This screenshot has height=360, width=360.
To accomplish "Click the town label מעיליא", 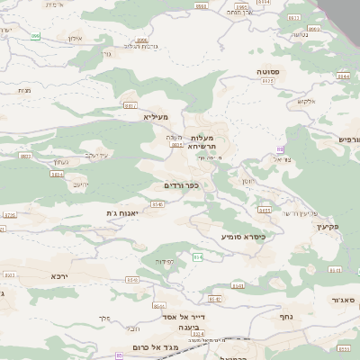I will [156, 116].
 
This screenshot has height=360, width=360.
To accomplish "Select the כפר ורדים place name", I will [181, 185].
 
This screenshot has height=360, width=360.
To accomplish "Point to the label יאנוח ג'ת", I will [121, 212].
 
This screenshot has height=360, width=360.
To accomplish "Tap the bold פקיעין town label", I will [328, 227].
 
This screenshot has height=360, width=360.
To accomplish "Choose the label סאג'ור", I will [340, 299].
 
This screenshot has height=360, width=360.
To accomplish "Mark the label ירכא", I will [59, 275].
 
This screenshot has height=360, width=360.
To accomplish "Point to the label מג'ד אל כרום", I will [163, 348].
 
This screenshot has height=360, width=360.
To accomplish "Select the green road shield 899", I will [35, 36].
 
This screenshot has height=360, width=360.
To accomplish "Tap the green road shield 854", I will [196, 257].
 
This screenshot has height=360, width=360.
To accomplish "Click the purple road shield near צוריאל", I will [280, 148].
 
